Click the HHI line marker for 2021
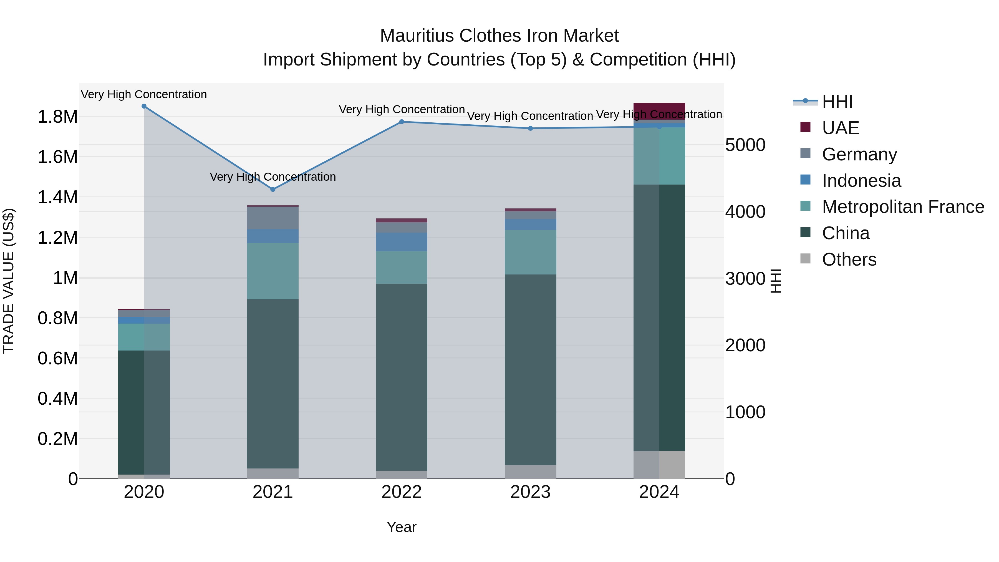pyautogui.click(x=273, y=189)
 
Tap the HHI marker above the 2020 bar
pyautogui.click(x=144, y=106)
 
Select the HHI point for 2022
pyautogui.click(x=401, y=122)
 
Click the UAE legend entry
pyautogui.click(x=840, y=128)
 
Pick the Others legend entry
pyautogui.click(x=849, y=259)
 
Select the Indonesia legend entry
pyautogui.click(x=861, y=181)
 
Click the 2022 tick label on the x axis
pyautogui.click(x=401, y=492)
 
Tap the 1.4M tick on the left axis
pyautogui.click(x=57, y=197)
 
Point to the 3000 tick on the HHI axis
pyautogui.click(x=745, y=278)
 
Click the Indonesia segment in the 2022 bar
pyautogui.click(x=401, y=242)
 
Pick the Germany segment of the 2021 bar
pyautogui.click(x=273, y=218)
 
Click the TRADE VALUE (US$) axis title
pyautogui.click(x=9, y=281)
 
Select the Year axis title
pyautogui.click(x=401, y=527)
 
